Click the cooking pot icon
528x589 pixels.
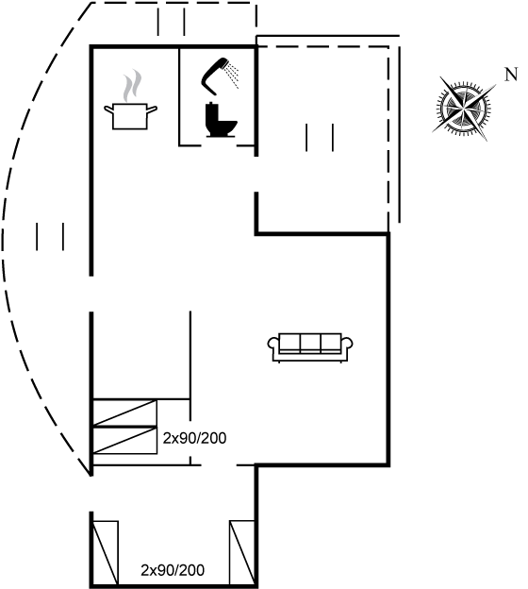click(x=130, y=116)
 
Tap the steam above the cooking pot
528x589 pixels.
click(x=132, y=86)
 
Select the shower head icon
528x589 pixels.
click(x=220, y=76)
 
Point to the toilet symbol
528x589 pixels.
click(x=221, y=120)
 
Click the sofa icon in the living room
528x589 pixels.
click(x=310, y=347)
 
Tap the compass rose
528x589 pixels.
click(x=464, y=109)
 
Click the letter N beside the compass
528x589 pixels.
click(x=511, y=75)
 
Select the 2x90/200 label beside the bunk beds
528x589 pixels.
click(x=194, y=438)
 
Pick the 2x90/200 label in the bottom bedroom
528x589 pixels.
click(x=173, y=570)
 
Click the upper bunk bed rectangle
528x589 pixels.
click(x=124, y=412)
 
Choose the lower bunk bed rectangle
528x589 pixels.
click(x=124, y=440)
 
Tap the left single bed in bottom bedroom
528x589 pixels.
click(x=106, y=552)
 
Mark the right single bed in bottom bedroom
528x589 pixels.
click(x=242, y=552)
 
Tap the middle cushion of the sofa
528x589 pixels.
click(x=310, y=342)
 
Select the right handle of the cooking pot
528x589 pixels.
click(x=152, y=109)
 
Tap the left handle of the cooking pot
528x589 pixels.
click(x=108, y=109)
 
